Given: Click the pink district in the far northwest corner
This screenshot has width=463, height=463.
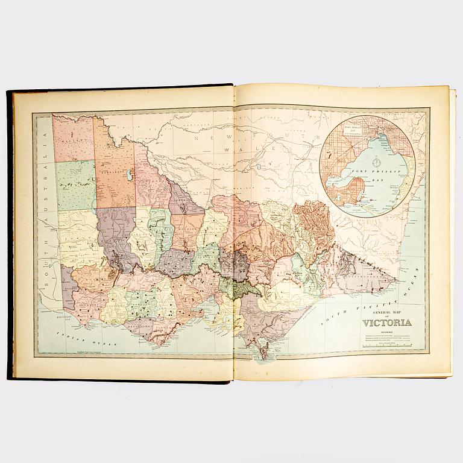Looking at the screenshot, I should click(73, 137).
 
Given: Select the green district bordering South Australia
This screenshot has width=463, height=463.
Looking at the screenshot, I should click(76, 184).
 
